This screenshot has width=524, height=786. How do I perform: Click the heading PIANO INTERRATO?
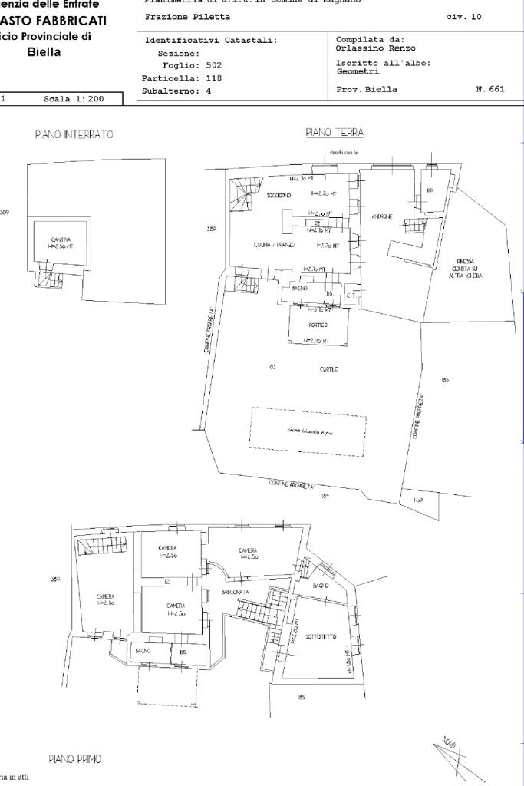(x=74, y=135)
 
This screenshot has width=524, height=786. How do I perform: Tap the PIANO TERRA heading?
(x=335, y=133)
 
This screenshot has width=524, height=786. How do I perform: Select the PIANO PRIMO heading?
(x=75, y=759)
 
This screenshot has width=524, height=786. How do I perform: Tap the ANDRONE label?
(x=382, y=217)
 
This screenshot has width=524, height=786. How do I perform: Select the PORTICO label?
(x=318, y=325)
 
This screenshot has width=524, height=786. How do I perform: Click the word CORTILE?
(x=329, y=369)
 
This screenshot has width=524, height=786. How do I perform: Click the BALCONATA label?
(x=235, y=593)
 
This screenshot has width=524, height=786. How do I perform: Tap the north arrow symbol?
(x=456, y=755)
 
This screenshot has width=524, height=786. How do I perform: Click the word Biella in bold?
(x=44, y=52)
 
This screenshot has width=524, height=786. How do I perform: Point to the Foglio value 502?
(x=208, y=66)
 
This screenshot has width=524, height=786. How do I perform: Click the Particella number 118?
(x=208, y=78)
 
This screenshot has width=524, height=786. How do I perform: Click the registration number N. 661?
(x=489, y=90)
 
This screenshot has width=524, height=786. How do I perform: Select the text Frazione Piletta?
(x=187, y=17)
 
